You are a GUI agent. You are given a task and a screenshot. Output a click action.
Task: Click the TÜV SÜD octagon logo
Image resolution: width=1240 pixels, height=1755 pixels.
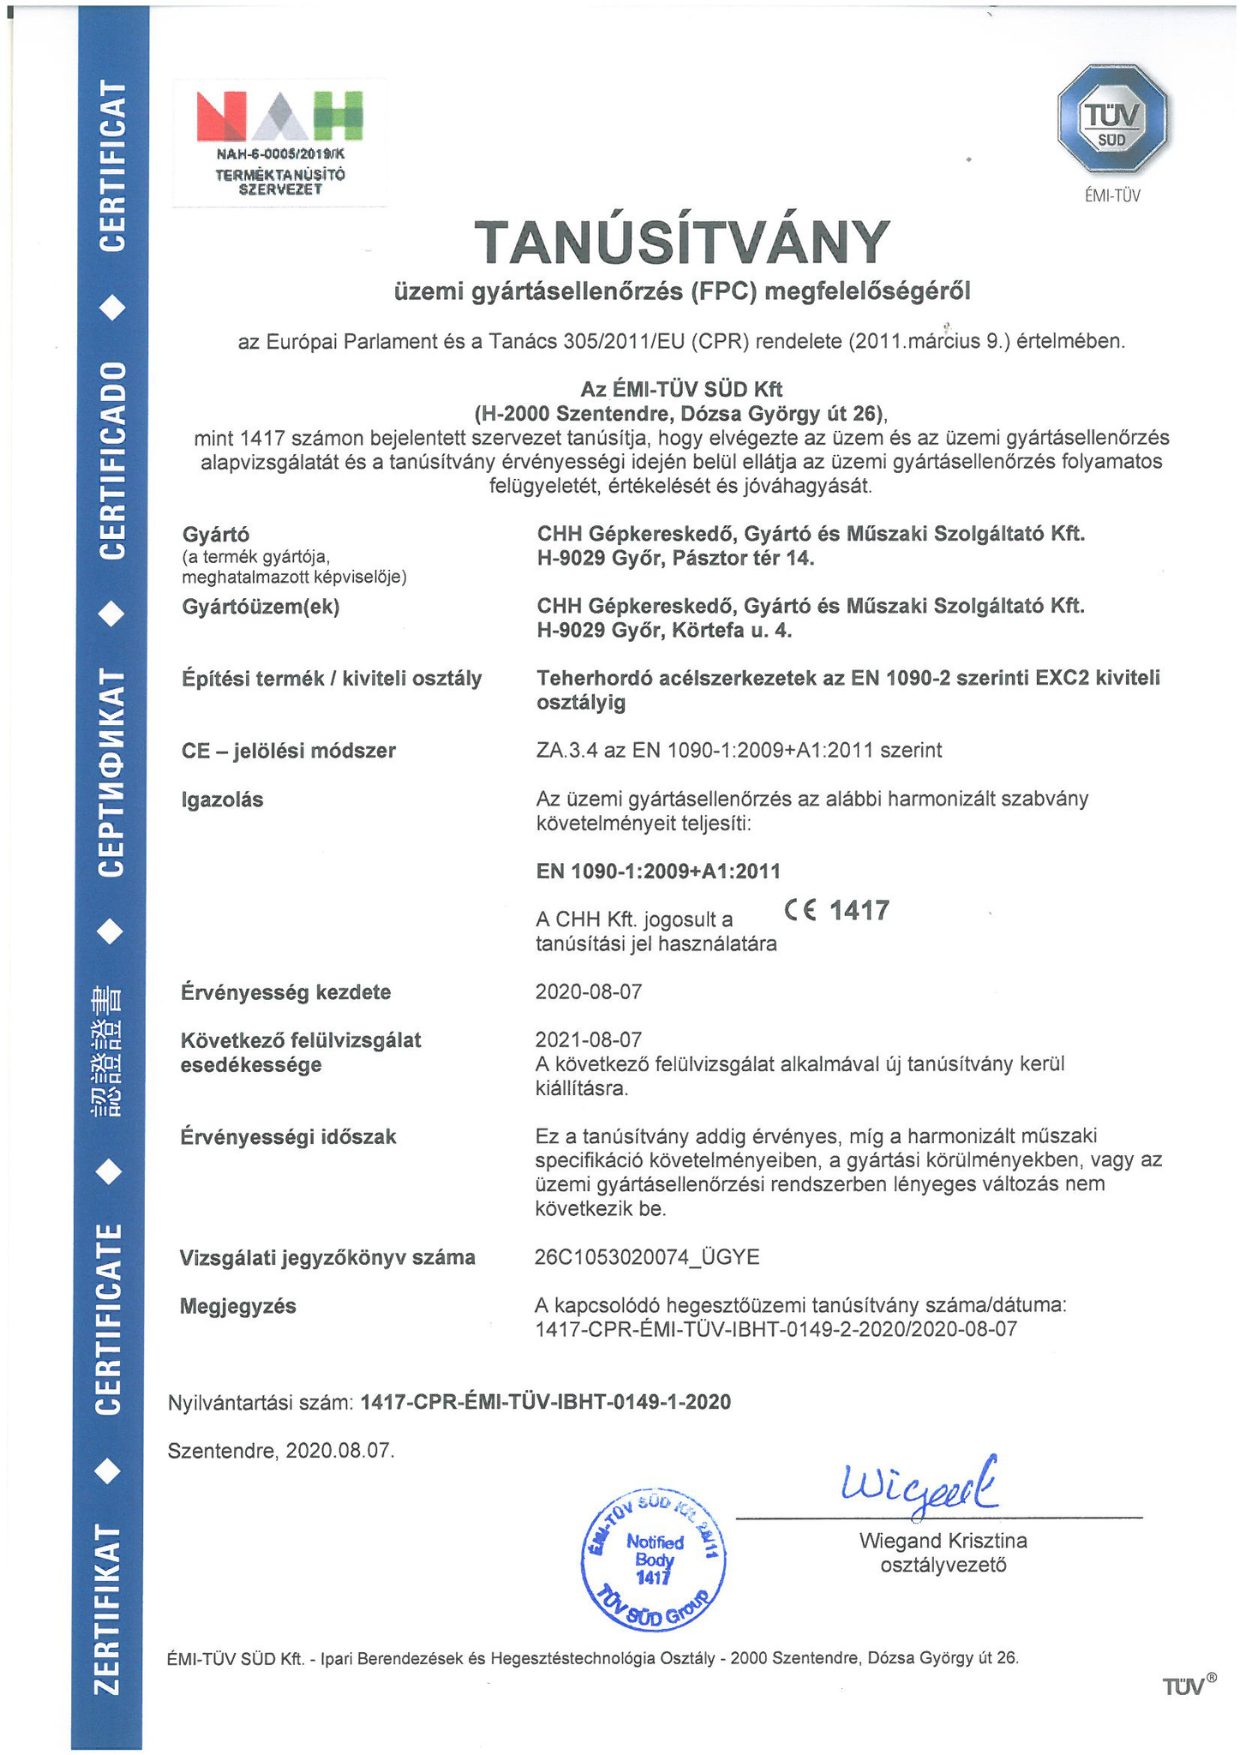coord(1112,126)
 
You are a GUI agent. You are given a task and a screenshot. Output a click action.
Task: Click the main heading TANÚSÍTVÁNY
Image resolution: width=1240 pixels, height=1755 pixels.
coord(682,243)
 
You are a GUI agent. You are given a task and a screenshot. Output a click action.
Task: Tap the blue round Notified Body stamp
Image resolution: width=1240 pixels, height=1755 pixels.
coord(654,1558)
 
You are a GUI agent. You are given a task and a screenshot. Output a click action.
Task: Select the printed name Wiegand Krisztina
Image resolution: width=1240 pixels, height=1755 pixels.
coord(943,1540)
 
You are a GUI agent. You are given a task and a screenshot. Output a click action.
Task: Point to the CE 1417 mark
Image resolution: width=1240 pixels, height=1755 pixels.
coord(836,910)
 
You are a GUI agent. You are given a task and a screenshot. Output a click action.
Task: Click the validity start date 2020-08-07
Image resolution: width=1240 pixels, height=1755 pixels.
coord(588,991)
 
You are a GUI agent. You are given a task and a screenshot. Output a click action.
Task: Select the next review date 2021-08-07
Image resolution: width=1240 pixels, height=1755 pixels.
coord(588,1039)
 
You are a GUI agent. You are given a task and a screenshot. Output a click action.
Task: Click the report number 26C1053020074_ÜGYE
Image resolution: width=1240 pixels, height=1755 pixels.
coord(646,1257)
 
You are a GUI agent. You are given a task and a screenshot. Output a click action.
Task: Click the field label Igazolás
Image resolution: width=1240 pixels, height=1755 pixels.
coord(222,800)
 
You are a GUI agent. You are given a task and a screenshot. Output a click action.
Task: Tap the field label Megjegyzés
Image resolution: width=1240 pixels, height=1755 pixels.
coord(237,1306)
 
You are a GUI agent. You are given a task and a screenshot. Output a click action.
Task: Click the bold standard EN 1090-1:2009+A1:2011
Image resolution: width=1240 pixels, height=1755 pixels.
coord(658,872)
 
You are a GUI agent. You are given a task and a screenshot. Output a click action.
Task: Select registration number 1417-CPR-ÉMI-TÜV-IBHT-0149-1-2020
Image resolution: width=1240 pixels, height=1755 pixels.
coord(546,1402)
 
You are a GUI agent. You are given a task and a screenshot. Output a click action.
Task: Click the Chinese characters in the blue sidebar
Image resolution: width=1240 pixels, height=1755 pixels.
coord(109,1051)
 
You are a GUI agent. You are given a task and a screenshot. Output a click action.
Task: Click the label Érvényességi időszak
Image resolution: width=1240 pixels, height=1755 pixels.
coord(288,1137)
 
